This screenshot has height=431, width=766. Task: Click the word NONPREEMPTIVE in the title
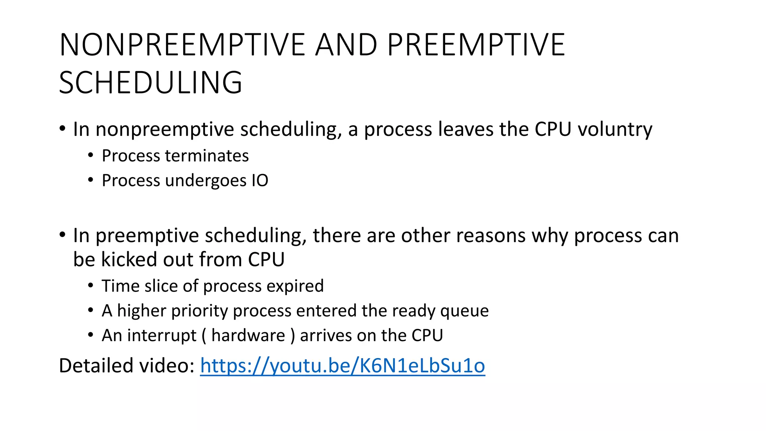coord(183,45)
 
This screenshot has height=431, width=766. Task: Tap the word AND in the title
coord(346,45)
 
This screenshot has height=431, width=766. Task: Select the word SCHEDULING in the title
coord(151,83)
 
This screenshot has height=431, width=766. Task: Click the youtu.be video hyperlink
coord(342,366)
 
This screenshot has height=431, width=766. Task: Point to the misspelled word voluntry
coord(615,129)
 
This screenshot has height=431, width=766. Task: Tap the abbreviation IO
coord(260,180)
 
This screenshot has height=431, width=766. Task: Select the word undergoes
coord(206,181)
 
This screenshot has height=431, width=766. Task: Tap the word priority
coord(199,311)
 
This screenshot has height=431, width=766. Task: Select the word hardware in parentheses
coord(248,335)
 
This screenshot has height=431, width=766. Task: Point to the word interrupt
coord(162,335)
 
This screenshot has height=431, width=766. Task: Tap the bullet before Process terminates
coord(91,155)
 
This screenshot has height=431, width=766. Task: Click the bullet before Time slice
coord(91,286)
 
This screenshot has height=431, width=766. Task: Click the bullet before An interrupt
coord(91,335)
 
